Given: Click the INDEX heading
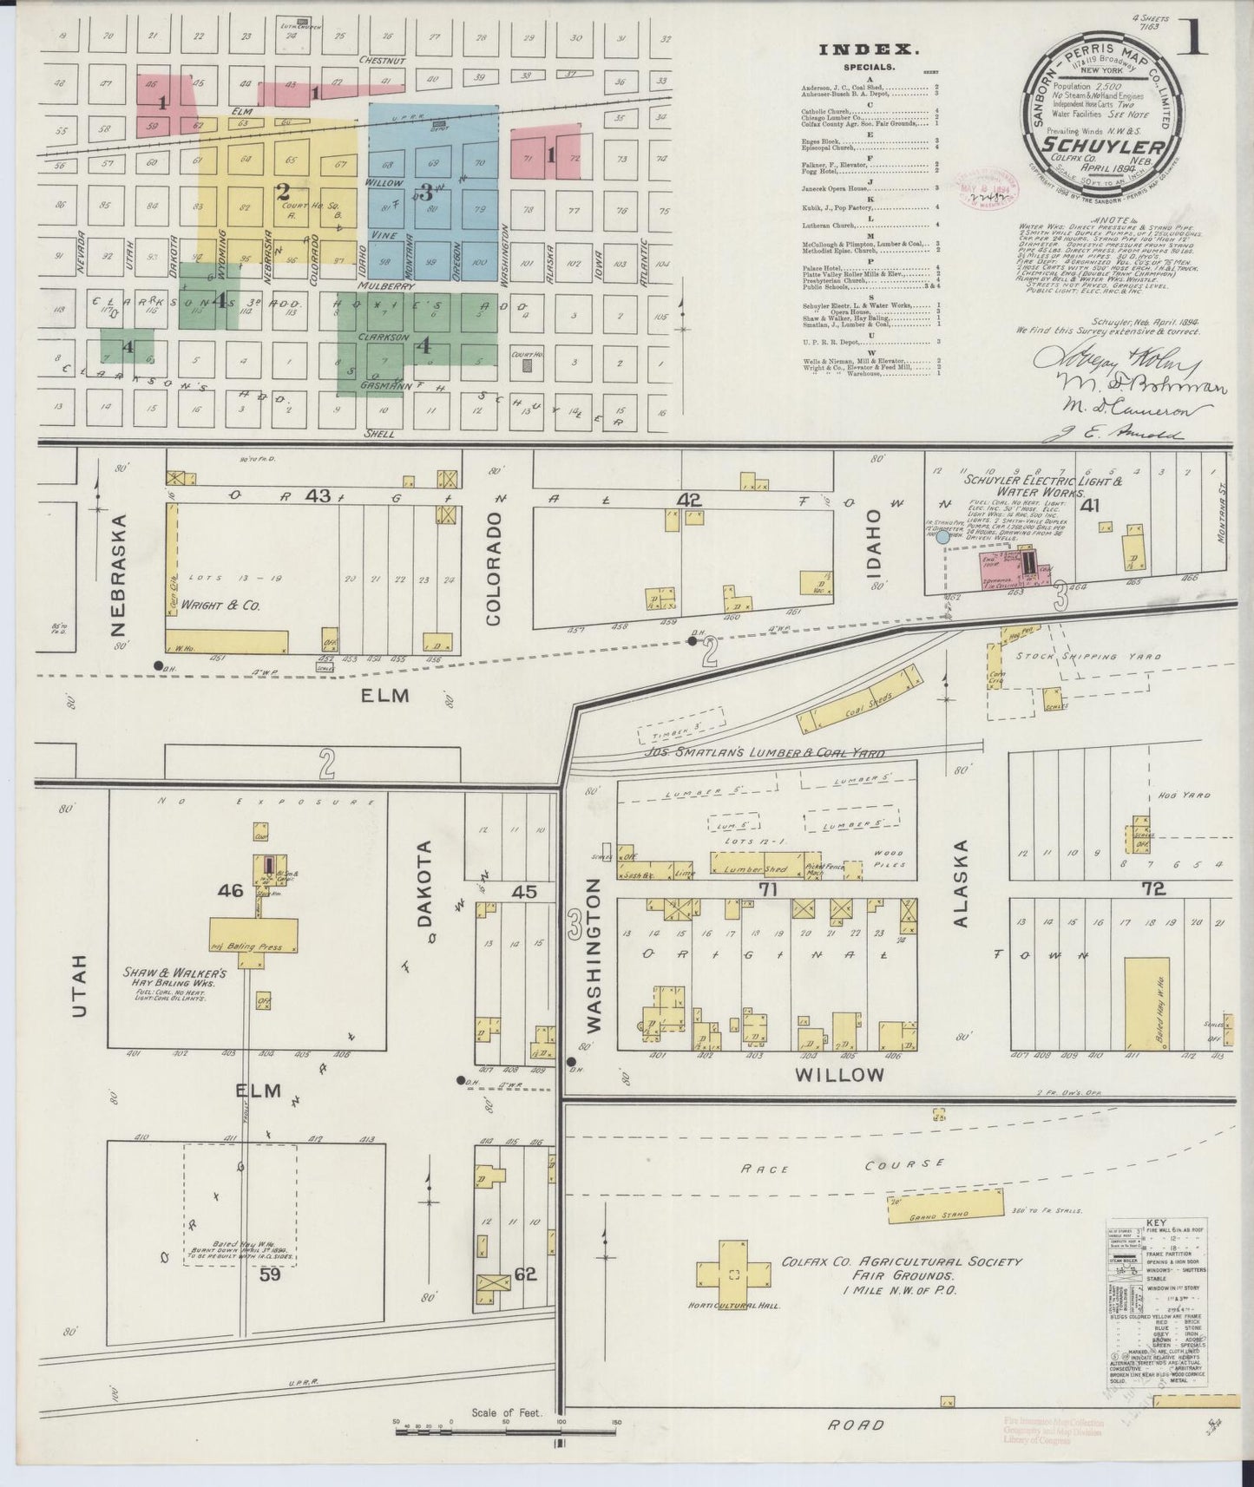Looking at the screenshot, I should (857, 50).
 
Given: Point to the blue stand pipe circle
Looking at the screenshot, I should (942, 538).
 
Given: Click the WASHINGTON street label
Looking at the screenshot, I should (594, 954).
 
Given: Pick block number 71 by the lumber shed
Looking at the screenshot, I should (767, 889).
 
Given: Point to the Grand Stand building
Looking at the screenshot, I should (944, 1205).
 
